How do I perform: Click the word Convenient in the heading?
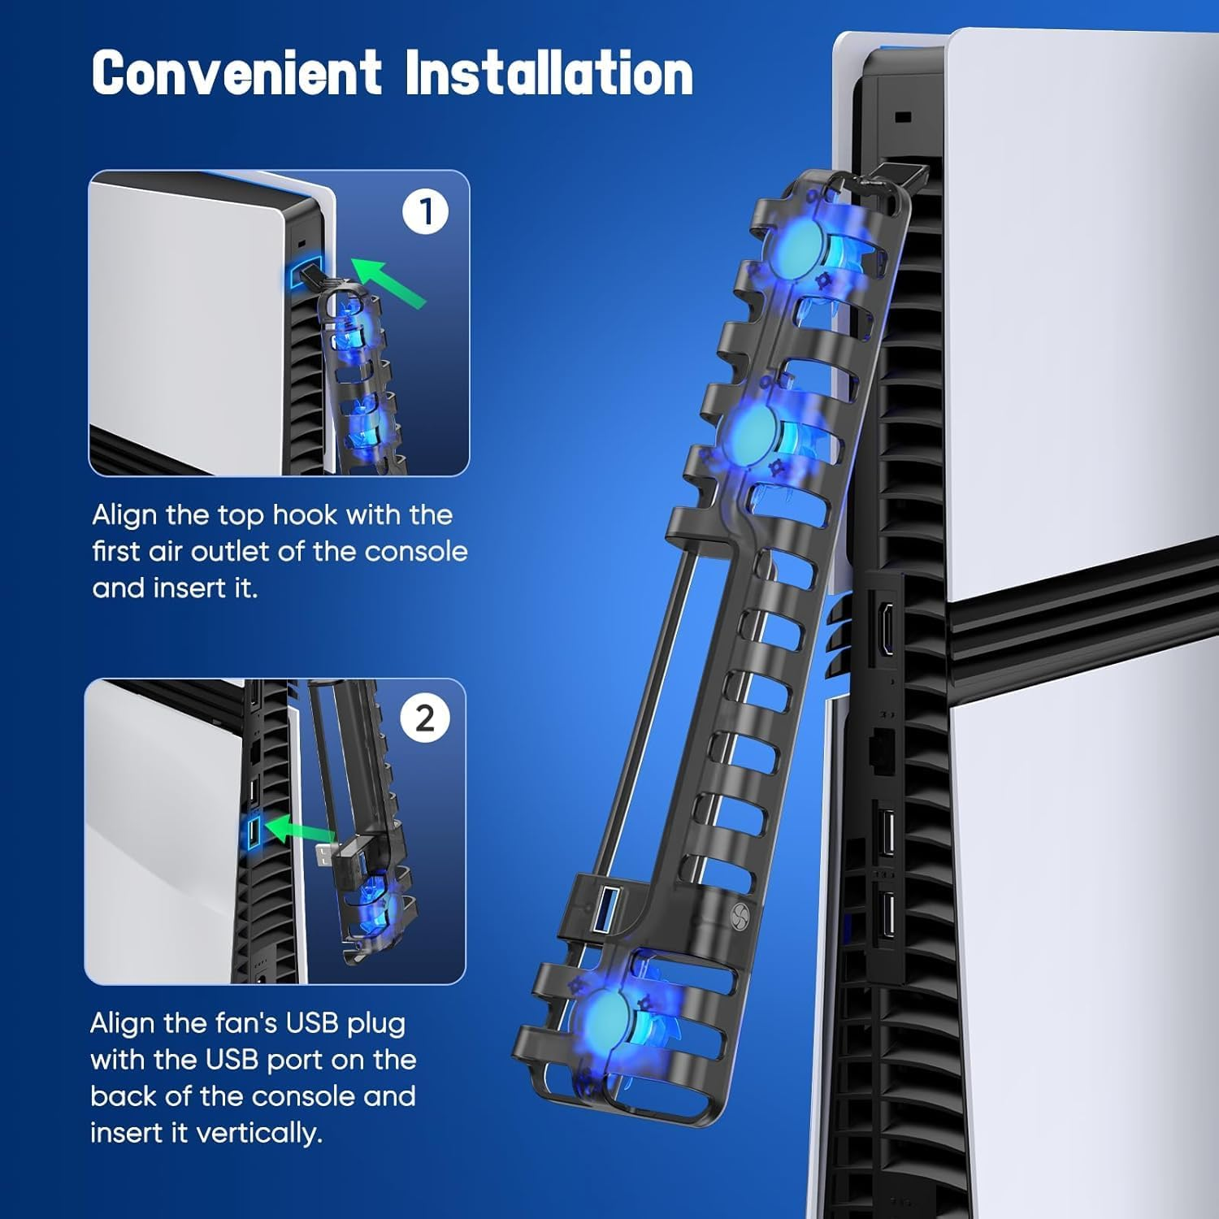click(x=236, y=73)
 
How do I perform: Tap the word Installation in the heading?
click(x=549, y=73)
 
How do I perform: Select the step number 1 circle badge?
click(x=425, y=211)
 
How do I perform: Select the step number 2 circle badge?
click(x=425, y=718)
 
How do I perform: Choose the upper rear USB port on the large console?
click(x=887, y=832)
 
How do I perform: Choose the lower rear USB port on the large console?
click(x=887, y=913)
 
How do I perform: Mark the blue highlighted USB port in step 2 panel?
click(x=254, y=831)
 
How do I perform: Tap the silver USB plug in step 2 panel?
click(x=324, y=854)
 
